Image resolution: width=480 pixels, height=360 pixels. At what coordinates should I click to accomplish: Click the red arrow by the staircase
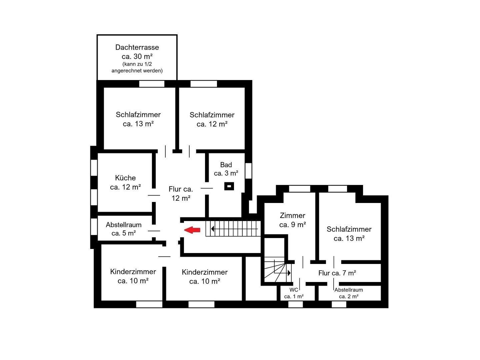192,230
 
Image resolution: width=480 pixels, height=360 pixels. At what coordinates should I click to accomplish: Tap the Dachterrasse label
137,47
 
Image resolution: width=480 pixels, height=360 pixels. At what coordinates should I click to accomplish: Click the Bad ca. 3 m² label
226,169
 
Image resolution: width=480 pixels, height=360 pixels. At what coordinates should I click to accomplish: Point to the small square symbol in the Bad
229,186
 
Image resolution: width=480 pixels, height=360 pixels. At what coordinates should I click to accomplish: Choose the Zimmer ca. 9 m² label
293,220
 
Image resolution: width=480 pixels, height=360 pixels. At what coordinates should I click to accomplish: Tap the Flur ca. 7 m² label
337,273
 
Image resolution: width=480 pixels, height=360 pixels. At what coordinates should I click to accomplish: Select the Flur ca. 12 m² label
181,194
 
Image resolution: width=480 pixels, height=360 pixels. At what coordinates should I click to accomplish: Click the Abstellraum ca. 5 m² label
124,229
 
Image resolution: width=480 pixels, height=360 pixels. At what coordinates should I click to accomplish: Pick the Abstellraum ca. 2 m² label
349,293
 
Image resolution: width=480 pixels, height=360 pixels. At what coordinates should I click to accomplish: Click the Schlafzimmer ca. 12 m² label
212,119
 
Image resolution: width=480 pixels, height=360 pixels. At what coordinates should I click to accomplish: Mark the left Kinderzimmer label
133,276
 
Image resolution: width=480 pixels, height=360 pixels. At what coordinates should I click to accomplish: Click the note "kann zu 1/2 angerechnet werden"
137,67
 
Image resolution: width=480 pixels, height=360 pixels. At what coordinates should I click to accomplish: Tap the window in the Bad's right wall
248,171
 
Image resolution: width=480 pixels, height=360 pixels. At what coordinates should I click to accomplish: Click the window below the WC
295,304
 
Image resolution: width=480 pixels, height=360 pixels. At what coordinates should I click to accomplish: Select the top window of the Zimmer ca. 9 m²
299,189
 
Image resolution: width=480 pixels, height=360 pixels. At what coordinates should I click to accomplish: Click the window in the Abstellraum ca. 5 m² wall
94,226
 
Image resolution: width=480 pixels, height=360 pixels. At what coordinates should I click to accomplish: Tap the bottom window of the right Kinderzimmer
201,304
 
